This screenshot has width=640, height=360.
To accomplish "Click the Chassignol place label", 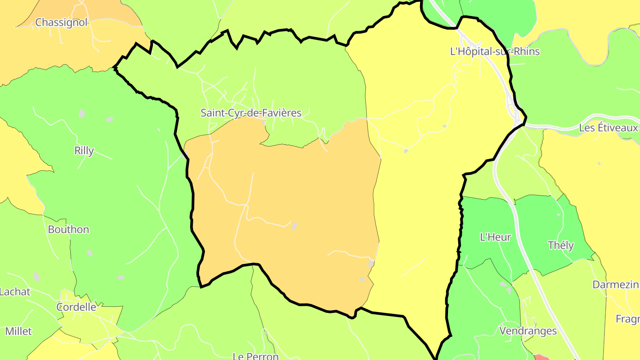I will (x=61, y=22).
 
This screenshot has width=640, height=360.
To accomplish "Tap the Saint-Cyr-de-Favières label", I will (x=251, y=113).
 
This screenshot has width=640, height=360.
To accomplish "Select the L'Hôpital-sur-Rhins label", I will (x=495, y=52).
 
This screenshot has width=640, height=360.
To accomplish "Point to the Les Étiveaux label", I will (x=608, y=128).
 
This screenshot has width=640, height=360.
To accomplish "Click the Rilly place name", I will (x=84, y=151).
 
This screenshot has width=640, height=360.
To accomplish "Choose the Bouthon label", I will (x=68, y=230).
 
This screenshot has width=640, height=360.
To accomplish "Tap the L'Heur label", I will (x=496, y=237).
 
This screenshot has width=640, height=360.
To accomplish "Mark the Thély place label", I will (x=561, y=245).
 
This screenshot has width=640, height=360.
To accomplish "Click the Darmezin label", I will (x=616, y=284).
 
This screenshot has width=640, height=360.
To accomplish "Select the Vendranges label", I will (x=528, y=331).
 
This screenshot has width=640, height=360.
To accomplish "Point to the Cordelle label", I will (x=76, y=307).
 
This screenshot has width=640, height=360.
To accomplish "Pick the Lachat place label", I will (x=15, y=292).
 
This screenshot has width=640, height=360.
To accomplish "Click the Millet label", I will (x=19, y=331).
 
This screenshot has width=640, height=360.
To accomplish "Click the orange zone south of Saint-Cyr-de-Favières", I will (x=302, y=200).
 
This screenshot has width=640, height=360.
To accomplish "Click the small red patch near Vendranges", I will (x=541, y=357).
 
